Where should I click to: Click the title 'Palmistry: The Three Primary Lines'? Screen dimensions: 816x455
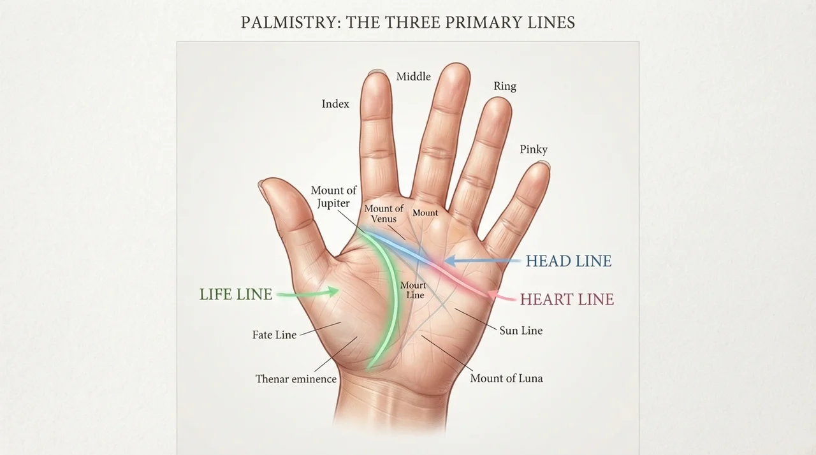(x=407, y=22)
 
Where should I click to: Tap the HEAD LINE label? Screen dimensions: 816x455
(x=569, y=261)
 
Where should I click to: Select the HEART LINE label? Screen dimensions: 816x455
(x=567, y=300)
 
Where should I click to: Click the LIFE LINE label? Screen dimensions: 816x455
(x=236, y=294)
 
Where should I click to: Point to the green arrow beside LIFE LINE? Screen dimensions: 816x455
(x=308, y=292)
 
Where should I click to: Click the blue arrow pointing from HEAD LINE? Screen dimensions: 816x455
(x=482, y=261)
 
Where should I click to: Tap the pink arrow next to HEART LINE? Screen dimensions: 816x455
(x=501, y=296)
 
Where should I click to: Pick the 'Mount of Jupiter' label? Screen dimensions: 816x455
(x=333, y=196)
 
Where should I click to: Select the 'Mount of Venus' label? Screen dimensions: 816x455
(x=384, y=213)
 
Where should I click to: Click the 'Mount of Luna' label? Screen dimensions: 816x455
(x=506, y=378)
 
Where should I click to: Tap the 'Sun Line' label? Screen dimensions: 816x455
(x=521, y=331)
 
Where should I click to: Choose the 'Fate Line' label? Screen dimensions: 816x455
(x=274, y=335)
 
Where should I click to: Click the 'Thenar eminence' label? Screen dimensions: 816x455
(x=296, y=379)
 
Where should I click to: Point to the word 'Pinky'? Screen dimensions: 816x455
(x=534, y=149)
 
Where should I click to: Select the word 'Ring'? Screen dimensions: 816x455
(x=504, y=86)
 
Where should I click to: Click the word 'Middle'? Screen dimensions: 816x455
(x=414, y=76)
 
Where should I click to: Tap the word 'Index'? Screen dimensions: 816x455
(x=335, y=104)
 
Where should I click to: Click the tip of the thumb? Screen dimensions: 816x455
(x=261, y=183)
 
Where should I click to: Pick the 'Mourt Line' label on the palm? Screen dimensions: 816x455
(x=414, y=290)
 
